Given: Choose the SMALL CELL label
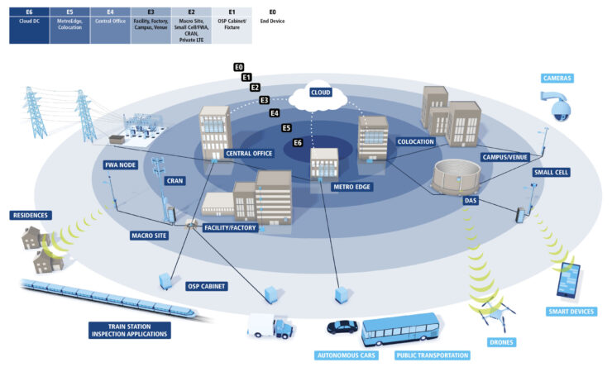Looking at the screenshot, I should (x=551, y=172).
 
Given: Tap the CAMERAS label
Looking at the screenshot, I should (x=557, y=79).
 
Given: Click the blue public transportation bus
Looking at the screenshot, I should (x=399, y=331).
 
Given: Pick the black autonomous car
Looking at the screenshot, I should (x=342, y=327).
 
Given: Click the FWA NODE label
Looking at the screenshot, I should (x=121, y=164).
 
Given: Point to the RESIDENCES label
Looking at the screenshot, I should (x=31, y=215).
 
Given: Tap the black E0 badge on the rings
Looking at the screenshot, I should (x=238, y=66).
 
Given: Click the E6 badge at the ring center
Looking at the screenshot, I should (x=299, y=143).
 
